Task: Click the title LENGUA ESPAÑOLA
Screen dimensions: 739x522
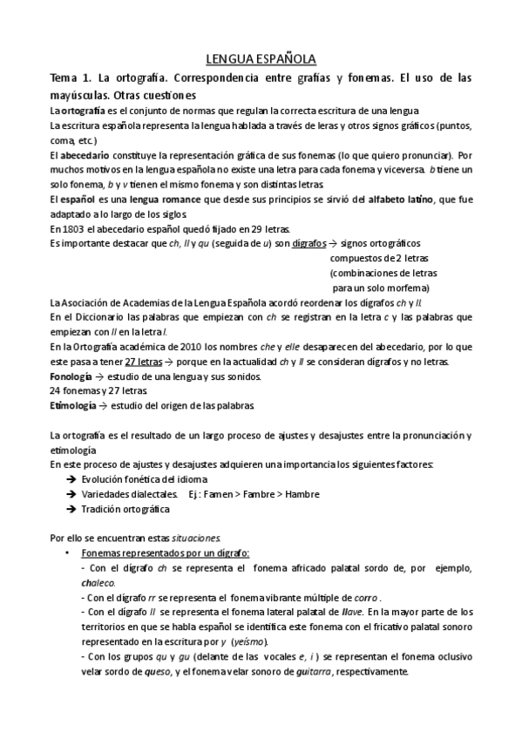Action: pyautogui.click(x=261, y=59)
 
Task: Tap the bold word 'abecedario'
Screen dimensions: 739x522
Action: pyautogui.click(x=85, y=153)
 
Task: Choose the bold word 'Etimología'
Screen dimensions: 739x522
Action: pyautogui.click(x=74, y=405)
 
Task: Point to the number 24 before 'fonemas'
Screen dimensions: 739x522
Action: pyautogui.click(x=56, y=390)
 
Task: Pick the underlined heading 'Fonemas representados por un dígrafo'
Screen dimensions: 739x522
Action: pyautogui.click(x=164, y=553)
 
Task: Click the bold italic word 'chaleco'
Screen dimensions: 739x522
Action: pyautogui.click(x=97, y=582)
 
